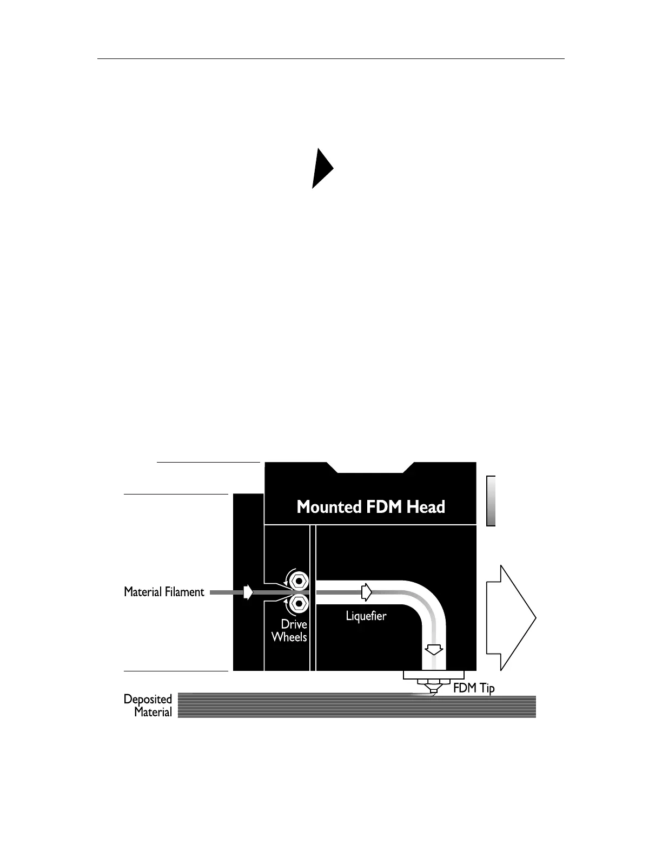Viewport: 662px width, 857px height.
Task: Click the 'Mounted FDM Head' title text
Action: pyautogui.click(x=370, y=507)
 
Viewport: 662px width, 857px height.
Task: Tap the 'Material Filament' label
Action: pyautogui.click(x=164, y=592)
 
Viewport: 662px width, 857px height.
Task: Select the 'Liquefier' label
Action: pyautogui.click(x=366, y=616)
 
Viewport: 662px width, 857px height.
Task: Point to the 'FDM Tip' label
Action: pyautogui.click(x=474, y=688)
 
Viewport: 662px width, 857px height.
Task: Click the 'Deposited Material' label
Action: pyautogui.click(x=148, y=706)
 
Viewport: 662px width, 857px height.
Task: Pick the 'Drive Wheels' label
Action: pyautogui.click(x=289, y=630)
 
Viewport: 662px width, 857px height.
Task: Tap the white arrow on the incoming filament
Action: pyautogui.click(x=248, y=592)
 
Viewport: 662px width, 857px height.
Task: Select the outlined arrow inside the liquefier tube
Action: pyautogui.click(x=367, y=592)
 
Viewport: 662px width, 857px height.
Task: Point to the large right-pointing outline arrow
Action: pyautogui.click(x=511, y=618)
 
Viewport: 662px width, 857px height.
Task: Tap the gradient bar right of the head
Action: pyautogui.click(x=491, y=500)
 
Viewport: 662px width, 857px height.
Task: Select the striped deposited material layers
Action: pyautogui.click(x=357, y=707)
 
